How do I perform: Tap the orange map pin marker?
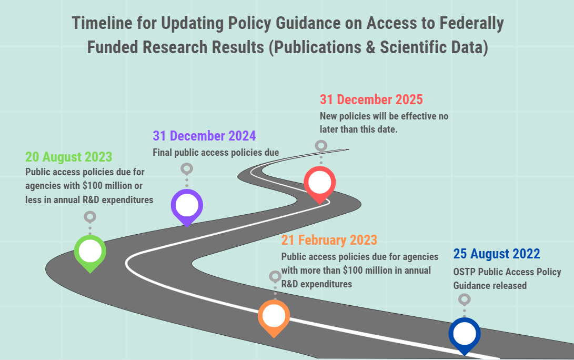[x=274, y=316]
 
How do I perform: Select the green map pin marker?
[x=90, y=252]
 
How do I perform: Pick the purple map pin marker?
[x=187, y=205]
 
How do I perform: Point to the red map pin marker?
[x=319, y=183]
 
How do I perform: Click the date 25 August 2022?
[x=496, y=254]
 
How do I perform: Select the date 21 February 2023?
[x=329, y=240]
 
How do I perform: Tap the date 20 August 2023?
[x=68, y=157]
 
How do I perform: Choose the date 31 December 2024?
[x=204, y=136]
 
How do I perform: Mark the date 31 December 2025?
[x=371, y=99]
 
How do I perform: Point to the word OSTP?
[x=465, y=272]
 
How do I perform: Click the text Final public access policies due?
[x=216, y=153]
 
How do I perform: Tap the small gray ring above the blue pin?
[x=464, y=299]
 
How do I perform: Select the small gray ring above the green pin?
[x=90, y=216]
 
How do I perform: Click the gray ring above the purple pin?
[x=187, y=168]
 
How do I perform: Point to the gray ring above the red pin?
[x=320, y=146]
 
